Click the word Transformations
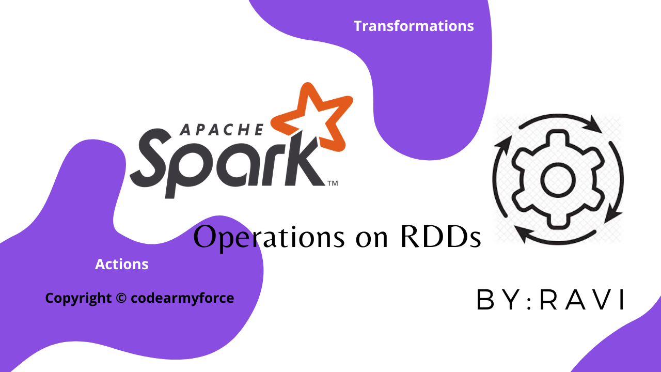click(414, 26)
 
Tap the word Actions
click(122, 265)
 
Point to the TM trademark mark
click(333, 182)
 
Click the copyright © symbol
click(121, 298)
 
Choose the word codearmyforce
click(182, 298)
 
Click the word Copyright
click(78, 298)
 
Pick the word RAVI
click(583, 300)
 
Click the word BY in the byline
click(498, 300)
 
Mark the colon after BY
click(527, 301)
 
